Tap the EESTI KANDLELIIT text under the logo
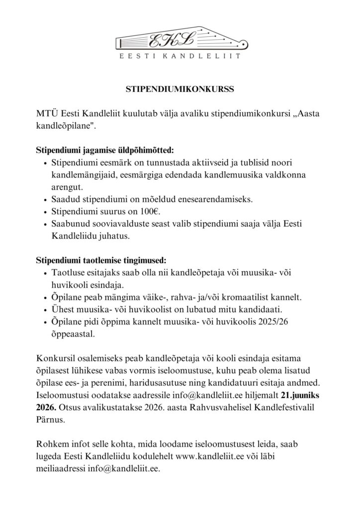[x=180, y=57]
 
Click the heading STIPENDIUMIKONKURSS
[x=180, y=90]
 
